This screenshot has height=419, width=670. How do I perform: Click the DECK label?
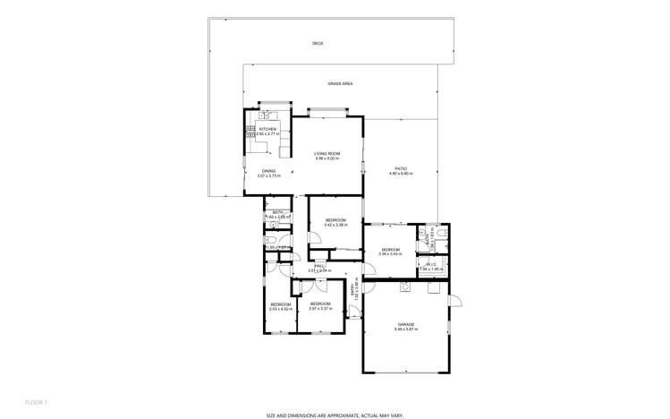[x=318, y=43]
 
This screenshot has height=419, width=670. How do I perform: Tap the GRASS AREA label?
[x=340, y=83]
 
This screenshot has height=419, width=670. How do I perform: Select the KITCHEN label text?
[x=268, y=129]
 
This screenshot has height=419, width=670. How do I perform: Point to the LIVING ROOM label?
[x=327, y=153]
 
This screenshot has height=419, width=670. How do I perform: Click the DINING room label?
[x=268, y=170]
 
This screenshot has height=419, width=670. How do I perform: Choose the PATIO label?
[x=401, y=167]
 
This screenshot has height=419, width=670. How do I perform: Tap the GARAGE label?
[x=406, y=324]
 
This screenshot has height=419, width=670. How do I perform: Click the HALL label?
[x=318, y=265]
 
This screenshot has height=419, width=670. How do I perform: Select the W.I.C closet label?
[x=430, y=264]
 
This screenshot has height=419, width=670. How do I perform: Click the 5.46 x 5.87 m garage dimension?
[x=406, y=329]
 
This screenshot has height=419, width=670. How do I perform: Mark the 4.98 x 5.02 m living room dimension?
[x=327, y=158]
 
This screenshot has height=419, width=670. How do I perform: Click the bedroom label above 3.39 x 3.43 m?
[x=391, y=249]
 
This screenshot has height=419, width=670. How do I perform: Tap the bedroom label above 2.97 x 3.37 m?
[x=319, y=304]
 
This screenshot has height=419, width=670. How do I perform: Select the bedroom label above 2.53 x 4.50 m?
[x=281, y=304]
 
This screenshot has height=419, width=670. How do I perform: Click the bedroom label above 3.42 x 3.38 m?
[x=335, y=219]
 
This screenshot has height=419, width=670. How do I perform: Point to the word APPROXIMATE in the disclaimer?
[x=334, y=415]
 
